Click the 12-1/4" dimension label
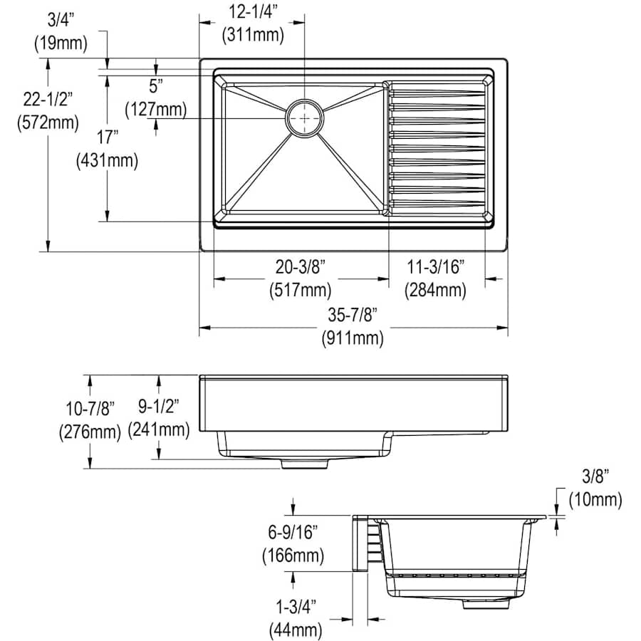[253, 13]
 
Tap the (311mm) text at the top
[253, 35]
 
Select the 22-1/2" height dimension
[48, 100]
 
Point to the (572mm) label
[48, 123]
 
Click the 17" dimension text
[107, 137]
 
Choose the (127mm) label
[156, 110]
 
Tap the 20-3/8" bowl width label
[301, 267]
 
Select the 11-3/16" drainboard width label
[436, 267]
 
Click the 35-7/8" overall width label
[353, 316]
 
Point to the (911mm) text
[353, 338]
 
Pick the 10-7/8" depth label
[90, 409]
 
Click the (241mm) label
[159, 430]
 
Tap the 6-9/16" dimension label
[293, 532]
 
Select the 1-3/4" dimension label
[296, 607]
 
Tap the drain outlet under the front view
[305, 464]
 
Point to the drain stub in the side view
[486, 604]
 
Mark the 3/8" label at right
[595, 476]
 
